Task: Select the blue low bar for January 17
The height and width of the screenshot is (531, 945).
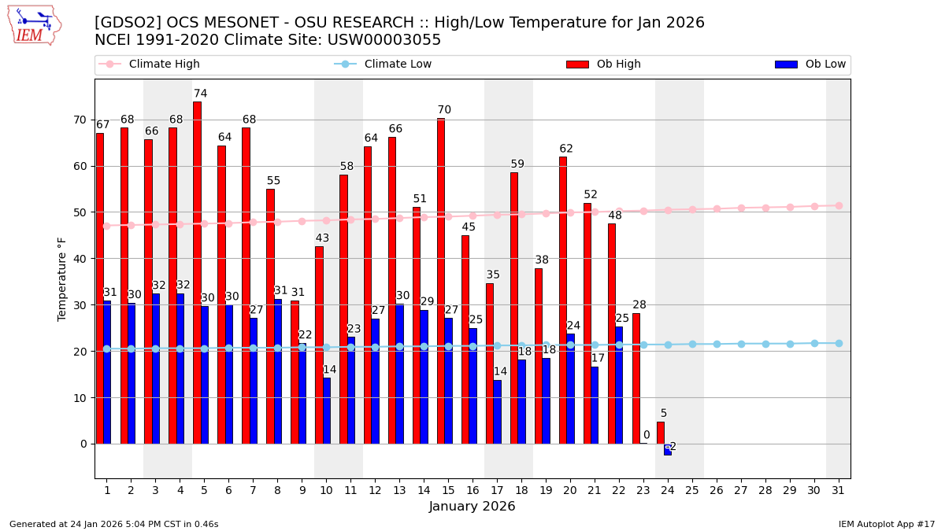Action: (497, 412)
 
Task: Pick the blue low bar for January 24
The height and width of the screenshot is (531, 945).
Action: (668, 449)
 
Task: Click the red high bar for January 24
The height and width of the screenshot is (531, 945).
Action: (660, 433)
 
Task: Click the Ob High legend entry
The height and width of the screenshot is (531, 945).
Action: (603, 65)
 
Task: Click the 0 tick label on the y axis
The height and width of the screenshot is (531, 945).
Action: (83, 444)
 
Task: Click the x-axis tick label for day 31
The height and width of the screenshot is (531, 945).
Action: (838, 489)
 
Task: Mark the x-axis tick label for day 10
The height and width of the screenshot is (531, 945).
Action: (326, 489)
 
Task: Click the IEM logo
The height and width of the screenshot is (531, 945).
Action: (34, 25)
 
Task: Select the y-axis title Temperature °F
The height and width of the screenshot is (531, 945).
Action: (62, 278)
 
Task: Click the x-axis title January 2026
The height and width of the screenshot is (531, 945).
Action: (472, 507)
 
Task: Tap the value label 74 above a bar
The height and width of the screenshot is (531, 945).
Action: (200, 94)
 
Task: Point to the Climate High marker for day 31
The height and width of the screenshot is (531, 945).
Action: (839, 205)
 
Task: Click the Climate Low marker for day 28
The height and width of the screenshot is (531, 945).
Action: (765, 344)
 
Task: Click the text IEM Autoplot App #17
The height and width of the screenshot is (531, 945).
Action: (886, 524)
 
